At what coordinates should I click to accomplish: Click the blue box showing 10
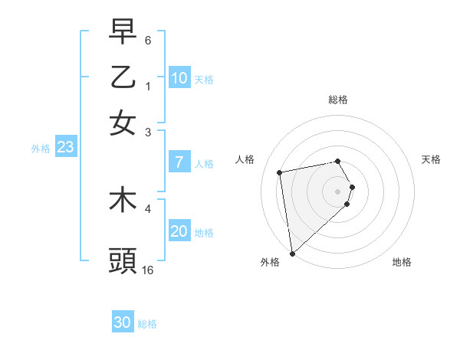pos(179,78)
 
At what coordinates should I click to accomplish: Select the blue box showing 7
pos(179,162)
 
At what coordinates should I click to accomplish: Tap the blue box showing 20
pos(179,231)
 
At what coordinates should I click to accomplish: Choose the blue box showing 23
pos(64,148)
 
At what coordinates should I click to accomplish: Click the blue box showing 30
pos(123,322)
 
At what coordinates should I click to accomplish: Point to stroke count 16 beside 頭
pos(148,270)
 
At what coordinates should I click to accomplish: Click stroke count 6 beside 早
pos(148,40)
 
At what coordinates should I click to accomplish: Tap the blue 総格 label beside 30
pos(147,324)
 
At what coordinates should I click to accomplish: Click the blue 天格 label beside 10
pos(204,80)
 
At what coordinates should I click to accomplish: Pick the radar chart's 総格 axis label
pos(338,100)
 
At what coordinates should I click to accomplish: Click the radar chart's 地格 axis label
pos(402,262)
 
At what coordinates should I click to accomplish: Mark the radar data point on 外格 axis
pos(292,253)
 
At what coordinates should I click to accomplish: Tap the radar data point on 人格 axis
pos(280,172)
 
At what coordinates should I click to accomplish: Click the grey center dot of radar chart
pos(338,191)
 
